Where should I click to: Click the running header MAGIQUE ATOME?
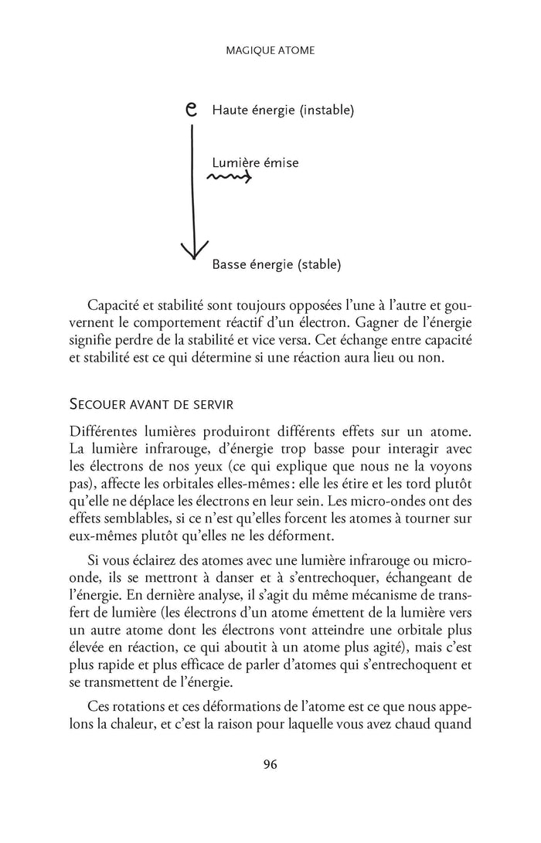pos(270,50)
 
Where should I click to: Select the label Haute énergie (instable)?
pos(282,110)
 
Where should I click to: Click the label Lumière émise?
pos(255,163)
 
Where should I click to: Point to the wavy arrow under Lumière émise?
pos(229,178)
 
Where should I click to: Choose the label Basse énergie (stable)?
pos(276,264)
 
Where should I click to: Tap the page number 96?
pos(270,764)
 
